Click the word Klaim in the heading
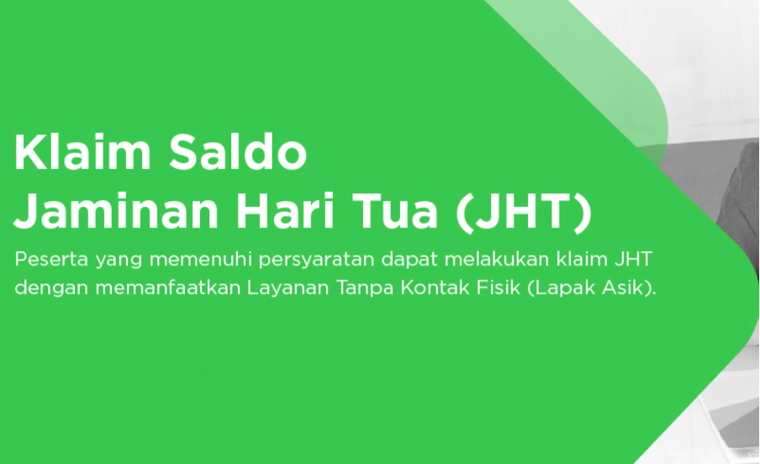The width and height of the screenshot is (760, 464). click(82, 152)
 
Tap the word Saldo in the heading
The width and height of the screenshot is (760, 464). click(238, 152)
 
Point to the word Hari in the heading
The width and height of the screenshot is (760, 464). click(285, 211)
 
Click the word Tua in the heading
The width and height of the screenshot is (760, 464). click(394, 211)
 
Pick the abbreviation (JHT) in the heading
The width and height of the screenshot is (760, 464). click(524, 212)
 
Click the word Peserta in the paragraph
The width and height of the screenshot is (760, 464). click(51, 259)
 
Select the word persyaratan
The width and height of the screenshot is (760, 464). click(316, 261)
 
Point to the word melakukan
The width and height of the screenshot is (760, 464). click(497, 259)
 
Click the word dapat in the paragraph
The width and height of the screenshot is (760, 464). click(409, 261)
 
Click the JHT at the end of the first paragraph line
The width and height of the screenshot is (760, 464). click(633, 259)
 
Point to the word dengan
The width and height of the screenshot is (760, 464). click(51, 288)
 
